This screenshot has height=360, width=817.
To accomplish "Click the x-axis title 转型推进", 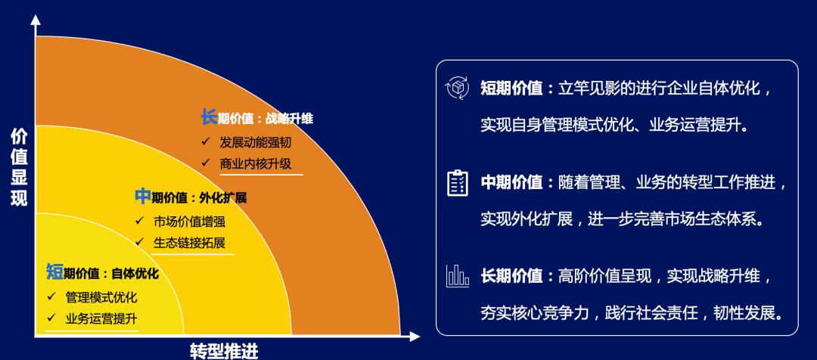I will pyautogui.click(x=224, y=350).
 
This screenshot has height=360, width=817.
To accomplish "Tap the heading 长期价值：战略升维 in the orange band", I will pyautogui.click(x=256, y=118).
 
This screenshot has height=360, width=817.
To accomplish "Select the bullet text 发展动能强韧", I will pyautogui.click(x=255, y=141).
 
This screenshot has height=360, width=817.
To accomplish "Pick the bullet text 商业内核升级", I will pyautogui.click(x=255, y=163).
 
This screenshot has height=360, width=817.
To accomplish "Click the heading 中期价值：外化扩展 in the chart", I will pyautogui.click(x=191, y=197).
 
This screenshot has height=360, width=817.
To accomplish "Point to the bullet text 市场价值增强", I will pyautogui.click(x=189, y=222).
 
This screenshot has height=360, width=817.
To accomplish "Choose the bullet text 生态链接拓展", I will pyautogui.click(x=189, y=243).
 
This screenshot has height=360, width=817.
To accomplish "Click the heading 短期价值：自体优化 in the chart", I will pyautogui.click(x=102, y=273).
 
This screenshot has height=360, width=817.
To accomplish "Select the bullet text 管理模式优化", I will pyautogui.click(x=101, y=297).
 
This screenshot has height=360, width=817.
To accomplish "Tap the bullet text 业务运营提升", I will pyautogui.click(x=101, y=318).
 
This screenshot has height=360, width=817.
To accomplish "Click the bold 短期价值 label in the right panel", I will pyautogui.click(x=511, y=88).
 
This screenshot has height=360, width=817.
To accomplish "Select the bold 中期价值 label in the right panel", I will pyautogui.click(x=511, y=182).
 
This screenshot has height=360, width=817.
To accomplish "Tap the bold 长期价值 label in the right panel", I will pyautogui.click(x=511, y=276).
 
